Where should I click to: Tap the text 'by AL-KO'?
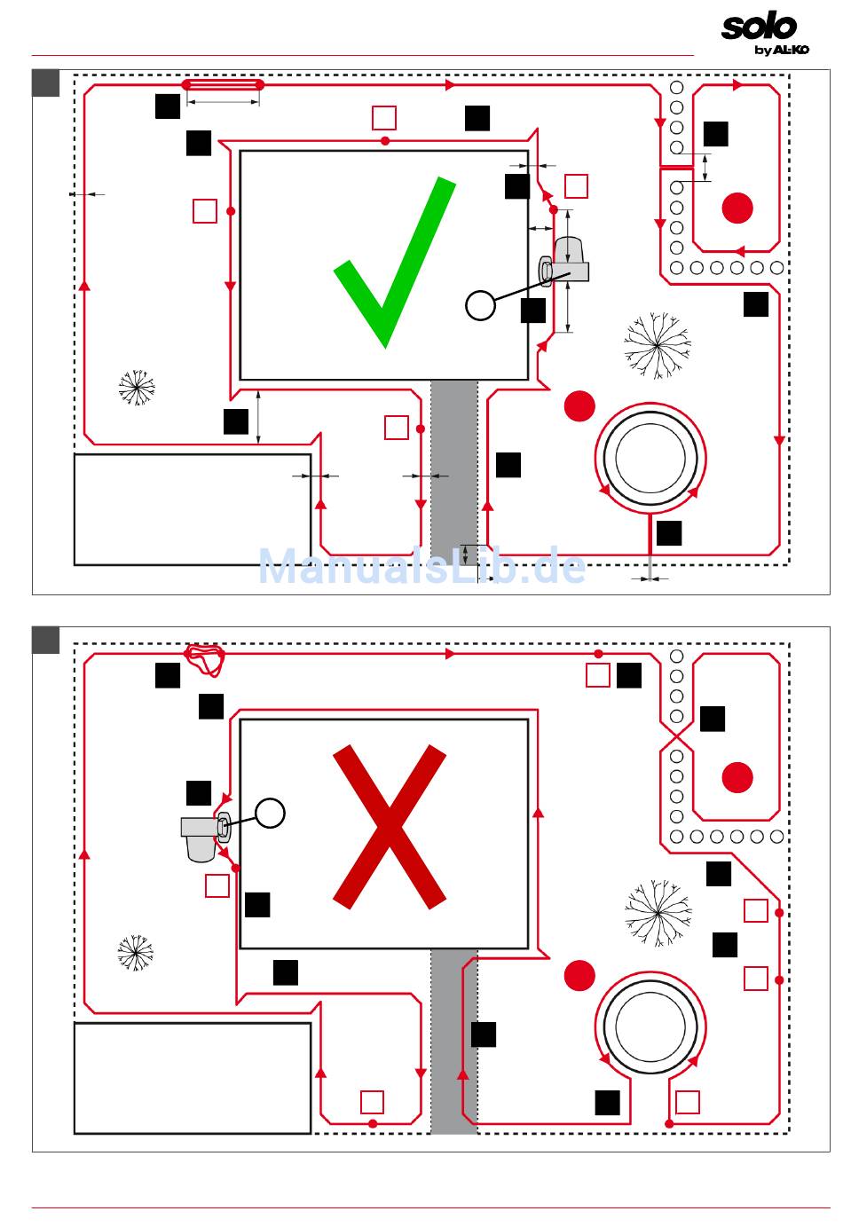781,50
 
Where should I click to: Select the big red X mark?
389,827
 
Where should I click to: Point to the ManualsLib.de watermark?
421,566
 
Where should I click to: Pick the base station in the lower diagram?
203,834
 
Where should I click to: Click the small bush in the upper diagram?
136,387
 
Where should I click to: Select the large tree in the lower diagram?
658,910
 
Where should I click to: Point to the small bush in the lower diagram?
136,952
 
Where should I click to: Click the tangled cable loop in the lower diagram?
205,658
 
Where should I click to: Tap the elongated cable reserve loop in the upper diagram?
223,85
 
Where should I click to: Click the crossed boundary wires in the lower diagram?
676,736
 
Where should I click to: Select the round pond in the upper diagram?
650,458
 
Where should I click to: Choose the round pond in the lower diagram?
650,1023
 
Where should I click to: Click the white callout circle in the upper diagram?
480,305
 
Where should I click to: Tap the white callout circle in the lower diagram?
271,812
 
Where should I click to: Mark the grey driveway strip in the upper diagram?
454,470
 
